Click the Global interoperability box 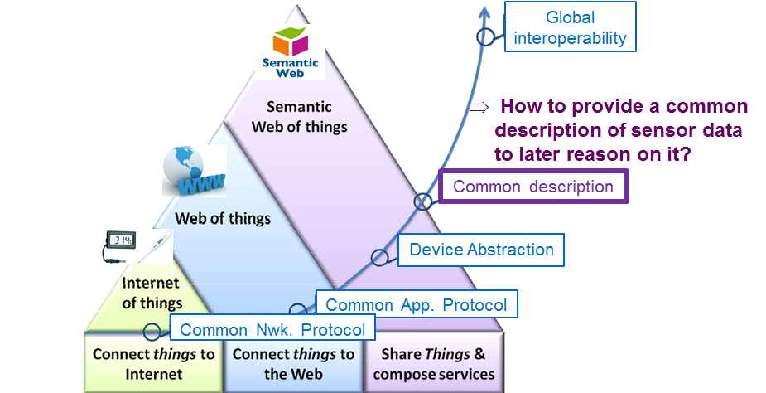[x=570, y=27]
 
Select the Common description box [x=532, y=187]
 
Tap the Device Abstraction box [x=481, y=250]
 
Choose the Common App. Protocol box [x=416, y=303]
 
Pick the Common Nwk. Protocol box [x=272, y=329]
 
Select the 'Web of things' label [x=223, y=219]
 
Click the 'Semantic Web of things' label [x=300, y=117]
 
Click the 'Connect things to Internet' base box [x=153, y=364]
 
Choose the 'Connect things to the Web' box [x=293, y=364]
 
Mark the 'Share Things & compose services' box [x=433, y=364]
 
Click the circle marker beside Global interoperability [x=484, y=36]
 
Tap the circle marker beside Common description [x=423, y=201]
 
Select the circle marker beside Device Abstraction [x=378, y=257]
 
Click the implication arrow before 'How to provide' [x=478, y=108]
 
